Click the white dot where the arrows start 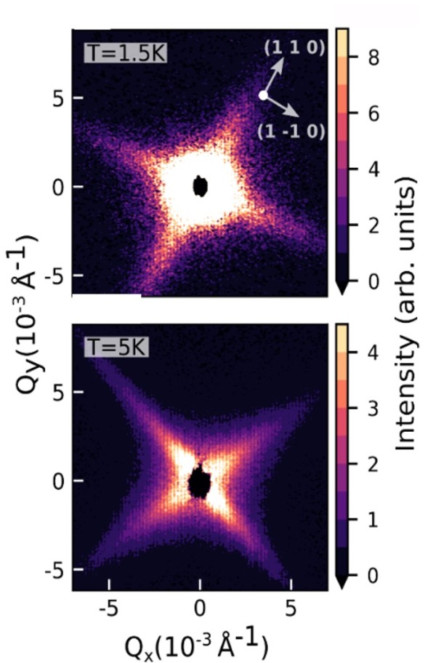tap(263, 95)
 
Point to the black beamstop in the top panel tap(201, 187)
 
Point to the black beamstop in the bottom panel tap(198, 482)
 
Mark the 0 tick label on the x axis tap(200, 605)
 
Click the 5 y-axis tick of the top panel tap(55, 97)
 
